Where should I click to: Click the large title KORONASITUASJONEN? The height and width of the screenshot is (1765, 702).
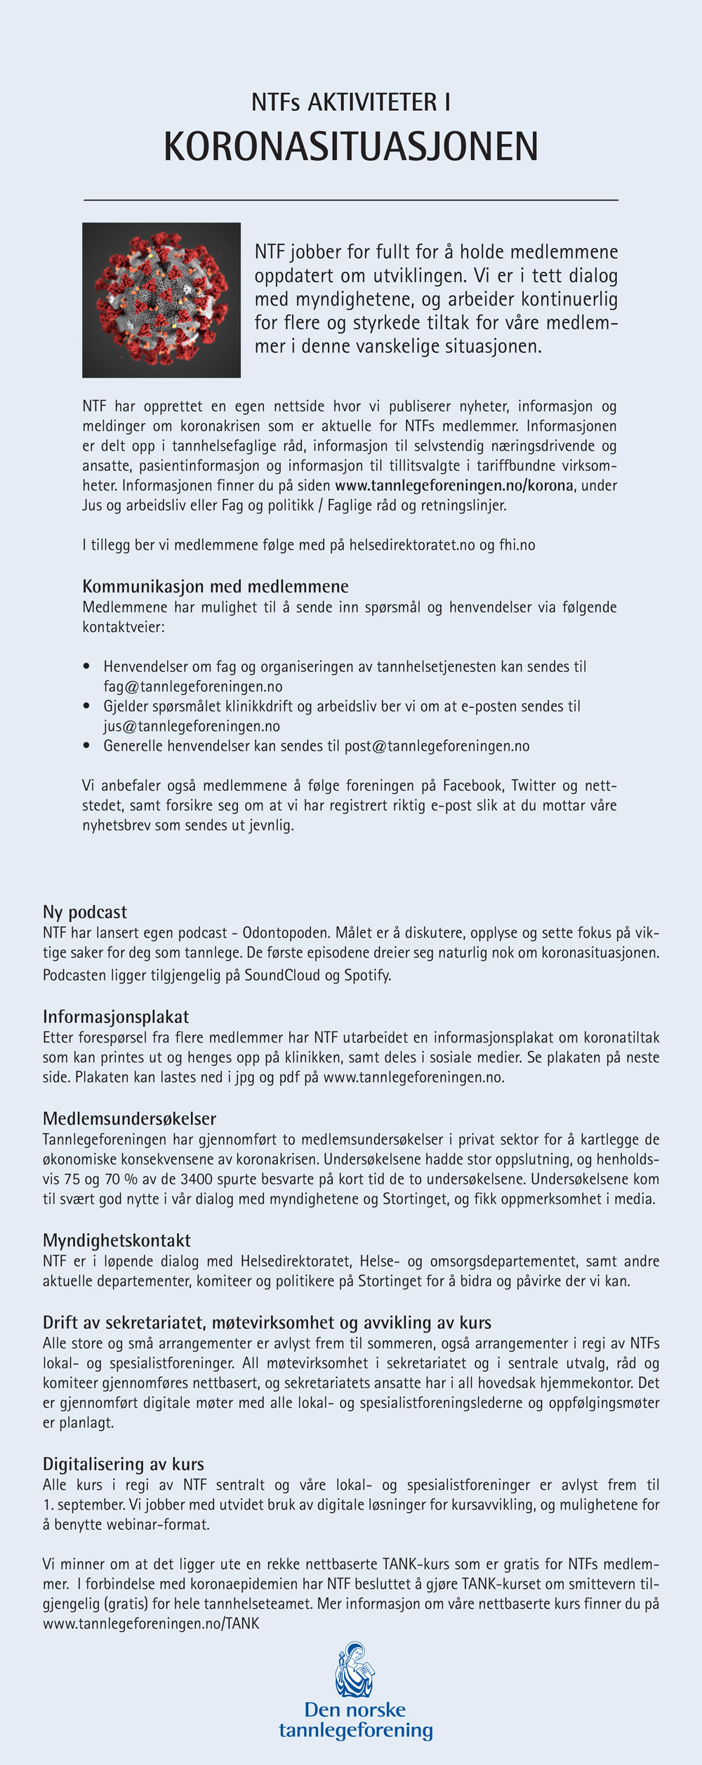(351, 147)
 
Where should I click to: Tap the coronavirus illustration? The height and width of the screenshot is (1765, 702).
(161, 300)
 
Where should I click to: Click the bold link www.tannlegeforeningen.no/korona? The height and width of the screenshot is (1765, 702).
(454, 485)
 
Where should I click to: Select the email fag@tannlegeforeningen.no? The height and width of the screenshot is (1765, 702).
(193, 687)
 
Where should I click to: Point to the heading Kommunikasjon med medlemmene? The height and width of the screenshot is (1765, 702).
(216, 586)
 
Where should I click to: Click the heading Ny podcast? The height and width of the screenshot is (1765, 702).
(85, 912)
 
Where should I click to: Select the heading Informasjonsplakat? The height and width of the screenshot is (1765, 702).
(116, 1017)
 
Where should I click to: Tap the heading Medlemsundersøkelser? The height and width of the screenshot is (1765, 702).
(129, 1118)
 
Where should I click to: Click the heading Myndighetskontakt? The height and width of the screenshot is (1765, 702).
(117, 1241)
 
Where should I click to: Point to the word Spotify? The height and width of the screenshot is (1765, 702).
(367, 975)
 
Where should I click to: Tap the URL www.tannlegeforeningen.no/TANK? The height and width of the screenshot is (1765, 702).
(151, 1623)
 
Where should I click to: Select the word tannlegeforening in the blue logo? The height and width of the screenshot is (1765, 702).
(355, 1731)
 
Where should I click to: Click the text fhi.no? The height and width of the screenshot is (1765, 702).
(517, 545)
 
